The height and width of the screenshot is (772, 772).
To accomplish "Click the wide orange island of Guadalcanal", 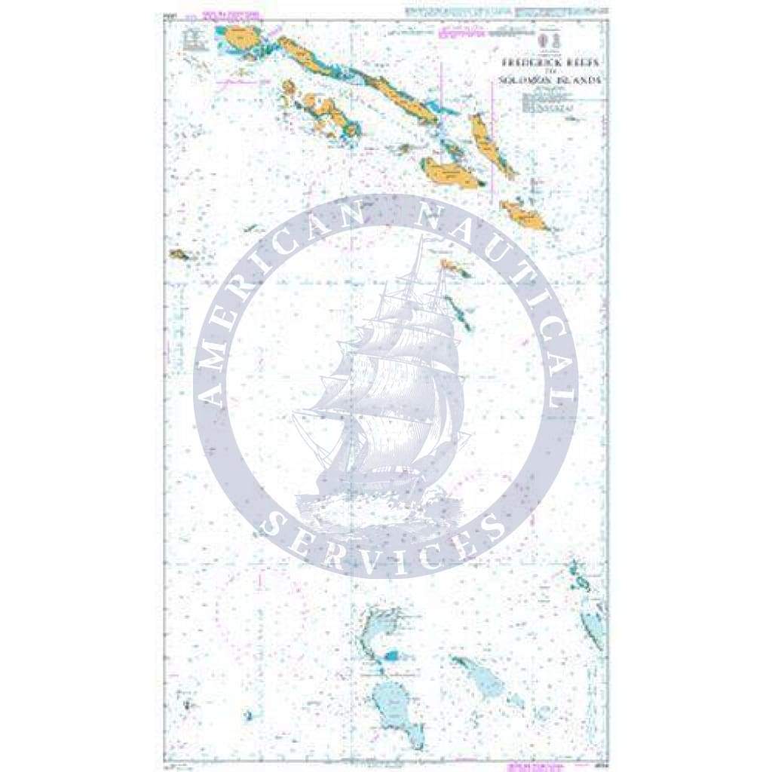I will point(451,174).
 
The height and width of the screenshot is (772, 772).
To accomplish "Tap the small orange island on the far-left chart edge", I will point(179,254).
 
